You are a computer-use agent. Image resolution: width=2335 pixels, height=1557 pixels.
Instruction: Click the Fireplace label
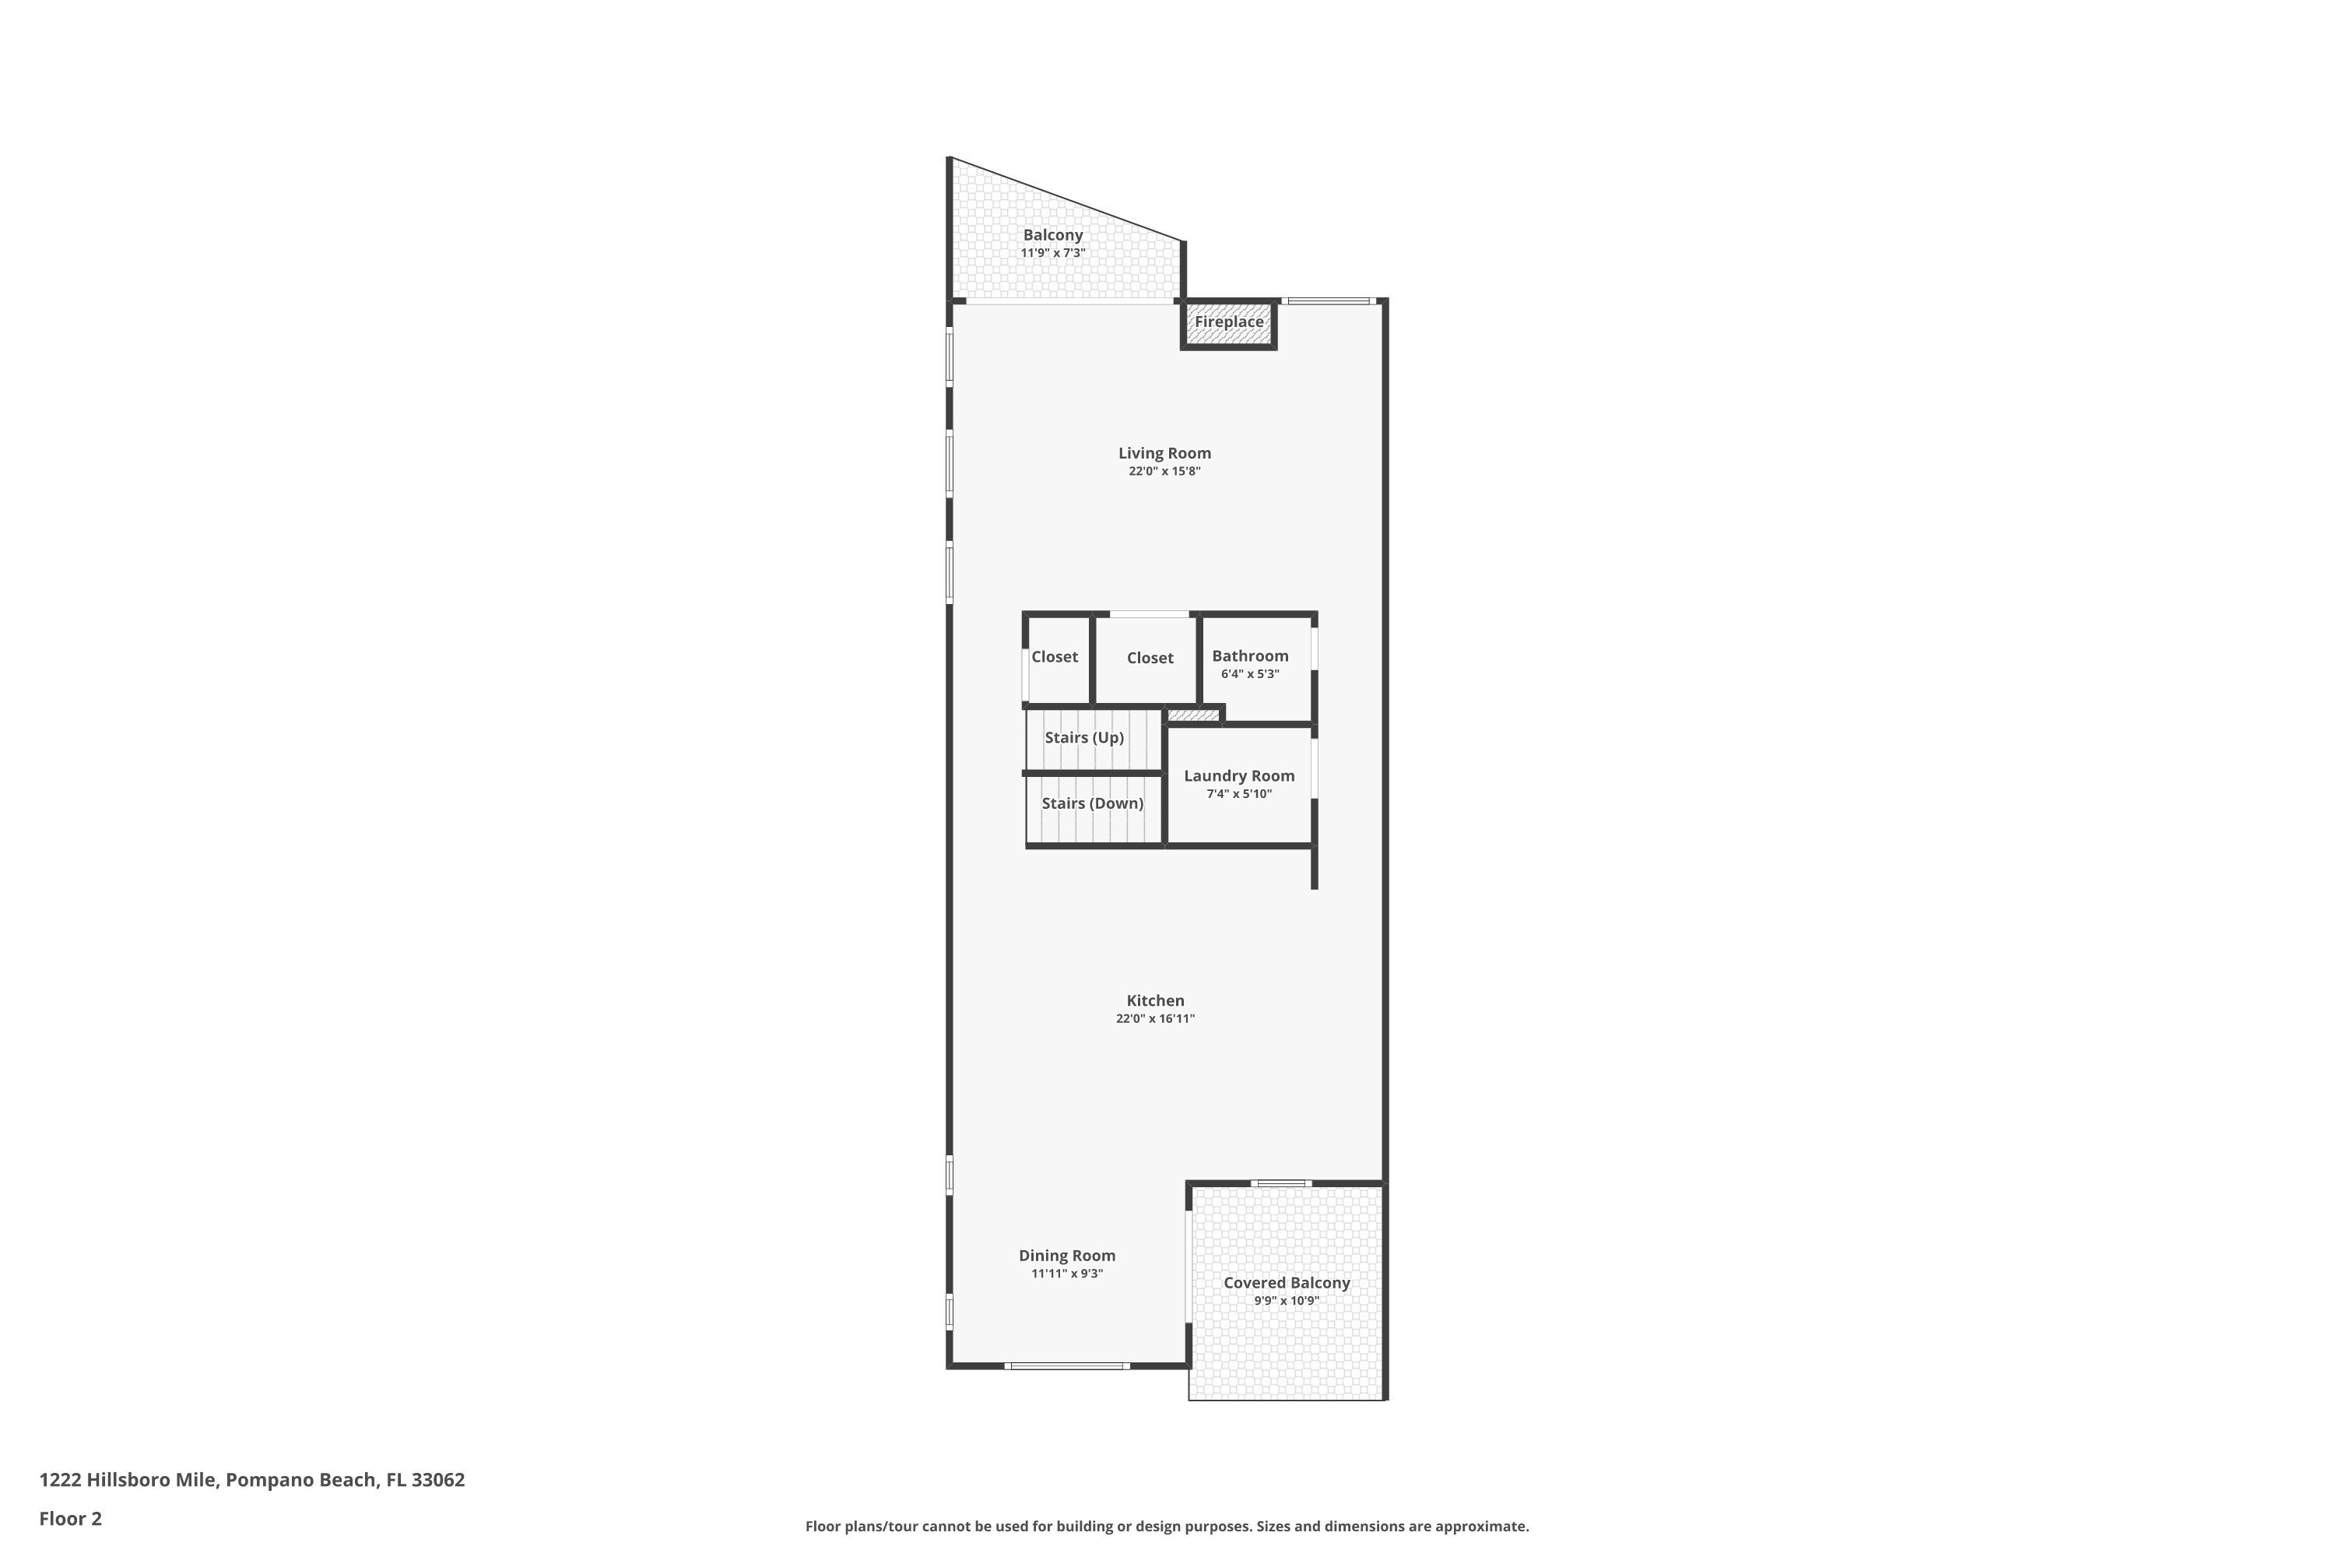(x=1228, y=322)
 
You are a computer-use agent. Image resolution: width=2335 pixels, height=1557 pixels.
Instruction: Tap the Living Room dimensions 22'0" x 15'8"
(x=1164, y=472)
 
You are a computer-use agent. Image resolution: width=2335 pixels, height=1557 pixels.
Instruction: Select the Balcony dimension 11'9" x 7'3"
(x=1052, y=253)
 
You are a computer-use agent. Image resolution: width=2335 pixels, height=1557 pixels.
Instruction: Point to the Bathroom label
(x=1250, y=656)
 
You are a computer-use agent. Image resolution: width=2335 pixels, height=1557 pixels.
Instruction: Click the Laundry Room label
(x=1239, y=775)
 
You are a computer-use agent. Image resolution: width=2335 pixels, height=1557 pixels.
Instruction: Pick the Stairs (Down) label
(x=1092, y=803)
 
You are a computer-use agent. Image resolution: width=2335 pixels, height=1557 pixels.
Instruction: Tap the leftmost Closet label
(x=1055, y=657)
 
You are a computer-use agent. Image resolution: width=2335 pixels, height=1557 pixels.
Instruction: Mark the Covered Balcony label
(x=1287, y=1283)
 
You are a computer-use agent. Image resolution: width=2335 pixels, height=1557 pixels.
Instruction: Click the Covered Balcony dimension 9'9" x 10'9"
(x=1287, y=1301)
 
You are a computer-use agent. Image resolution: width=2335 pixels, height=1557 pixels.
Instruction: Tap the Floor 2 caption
(x=71, y=1518)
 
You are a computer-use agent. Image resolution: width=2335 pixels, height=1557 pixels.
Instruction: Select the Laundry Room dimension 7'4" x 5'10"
(x=1239, y=794)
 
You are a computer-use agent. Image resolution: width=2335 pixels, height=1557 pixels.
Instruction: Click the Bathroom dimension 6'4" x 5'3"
(x=1250, y=674)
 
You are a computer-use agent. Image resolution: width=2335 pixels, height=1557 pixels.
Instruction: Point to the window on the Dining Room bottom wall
(x=1067, y=1366)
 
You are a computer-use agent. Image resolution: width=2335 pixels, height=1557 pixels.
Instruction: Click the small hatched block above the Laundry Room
(x=1192, y=715)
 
